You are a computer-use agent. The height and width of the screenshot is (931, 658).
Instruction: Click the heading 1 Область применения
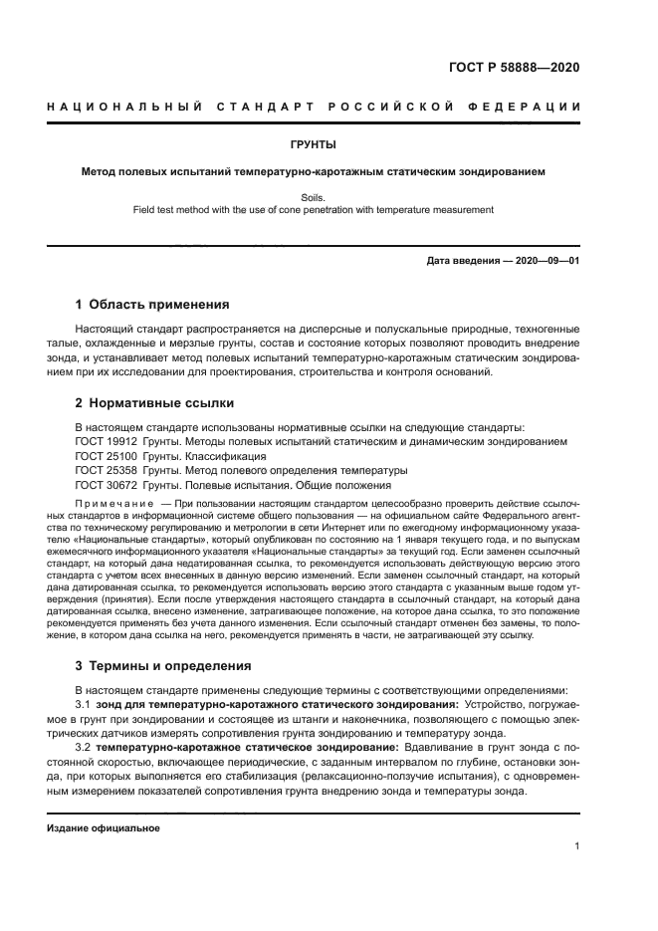tap(152, 304)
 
